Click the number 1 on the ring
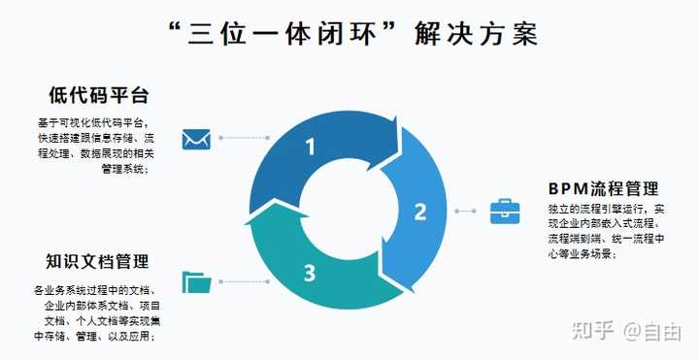point(311,147)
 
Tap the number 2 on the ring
point(420,211)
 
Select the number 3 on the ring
point(310,273)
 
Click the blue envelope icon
point(197,140)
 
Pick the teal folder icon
point(197,281)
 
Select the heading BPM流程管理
point(603,188)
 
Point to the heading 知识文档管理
point(97,261)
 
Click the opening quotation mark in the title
point(176,27)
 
